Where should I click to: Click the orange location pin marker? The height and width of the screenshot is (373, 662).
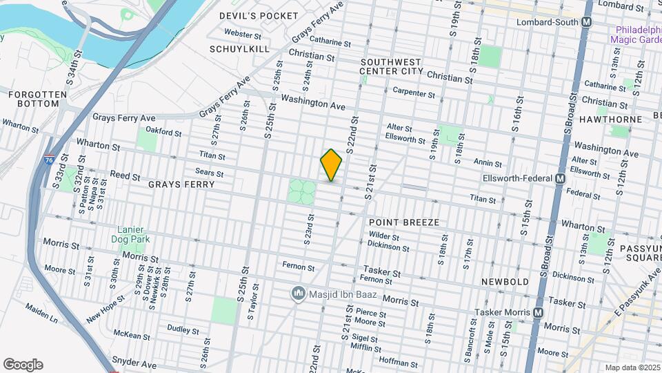click(x=331, y=164)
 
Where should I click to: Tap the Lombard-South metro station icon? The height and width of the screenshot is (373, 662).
click(x=586, y=22)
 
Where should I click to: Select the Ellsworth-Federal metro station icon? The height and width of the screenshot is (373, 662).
click(x=560, y=178)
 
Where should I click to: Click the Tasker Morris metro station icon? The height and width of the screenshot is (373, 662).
click(x=535, y=313)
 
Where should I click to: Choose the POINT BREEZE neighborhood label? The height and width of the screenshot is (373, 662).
click(x=403, y=223)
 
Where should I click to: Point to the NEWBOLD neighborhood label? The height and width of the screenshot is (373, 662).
click(x=505, y=282)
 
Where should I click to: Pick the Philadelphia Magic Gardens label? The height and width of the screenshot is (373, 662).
click(x=634, y=35)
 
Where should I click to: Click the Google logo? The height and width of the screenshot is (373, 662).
click(x=23, y=365)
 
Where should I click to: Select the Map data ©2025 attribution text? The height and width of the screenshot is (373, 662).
click(x=632, y=367)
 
